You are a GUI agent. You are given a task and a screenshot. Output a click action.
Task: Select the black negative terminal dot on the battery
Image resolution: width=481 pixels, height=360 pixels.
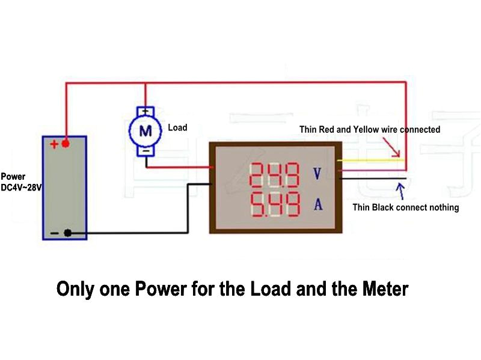68,233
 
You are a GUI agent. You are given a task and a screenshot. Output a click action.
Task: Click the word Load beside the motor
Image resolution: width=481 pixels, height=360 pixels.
177,127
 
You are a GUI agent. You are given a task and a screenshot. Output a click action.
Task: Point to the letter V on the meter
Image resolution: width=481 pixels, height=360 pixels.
318,174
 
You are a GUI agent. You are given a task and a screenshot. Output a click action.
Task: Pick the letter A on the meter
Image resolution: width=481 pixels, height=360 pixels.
318,205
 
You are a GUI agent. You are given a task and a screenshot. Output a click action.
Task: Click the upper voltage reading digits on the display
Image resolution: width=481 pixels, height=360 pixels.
274,175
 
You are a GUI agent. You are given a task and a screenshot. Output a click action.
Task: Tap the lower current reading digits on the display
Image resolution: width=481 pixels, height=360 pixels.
274,205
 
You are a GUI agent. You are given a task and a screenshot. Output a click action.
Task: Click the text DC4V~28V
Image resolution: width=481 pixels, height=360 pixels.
21,188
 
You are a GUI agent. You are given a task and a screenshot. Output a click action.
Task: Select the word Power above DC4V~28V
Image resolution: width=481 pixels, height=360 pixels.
13,177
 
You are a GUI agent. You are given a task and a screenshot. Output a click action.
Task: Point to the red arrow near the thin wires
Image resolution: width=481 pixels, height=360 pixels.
391,147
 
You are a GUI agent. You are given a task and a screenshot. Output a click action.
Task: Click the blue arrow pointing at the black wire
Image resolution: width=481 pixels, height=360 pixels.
400,192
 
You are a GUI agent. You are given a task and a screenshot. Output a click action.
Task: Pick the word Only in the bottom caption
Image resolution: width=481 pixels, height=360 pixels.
75,289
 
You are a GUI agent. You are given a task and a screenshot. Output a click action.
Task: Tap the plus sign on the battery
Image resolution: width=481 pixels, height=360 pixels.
54,144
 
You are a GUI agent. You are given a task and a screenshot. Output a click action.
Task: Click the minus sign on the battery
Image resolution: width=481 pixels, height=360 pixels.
54,233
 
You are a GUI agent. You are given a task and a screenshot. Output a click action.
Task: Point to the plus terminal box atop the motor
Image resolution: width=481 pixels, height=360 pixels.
145,111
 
